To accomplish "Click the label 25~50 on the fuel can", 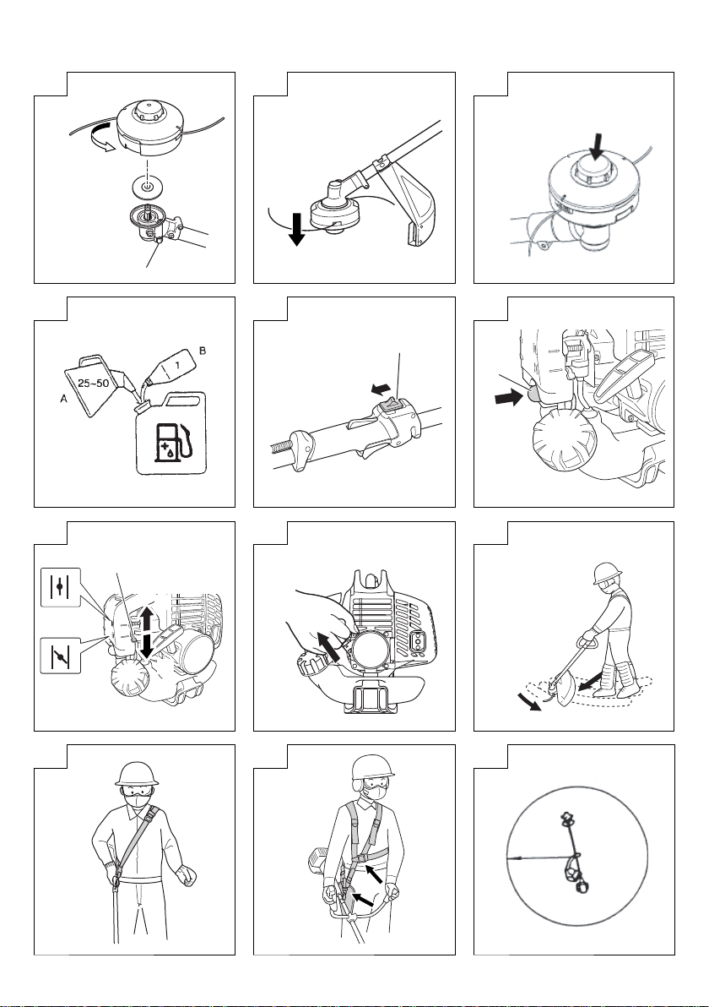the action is coord(93,384).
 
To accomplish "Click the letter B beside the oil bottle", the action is coord(203,351).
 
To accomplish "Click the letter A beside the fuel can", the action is coord(63,399).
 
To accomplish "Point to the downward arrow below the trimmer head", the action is coord(297,229).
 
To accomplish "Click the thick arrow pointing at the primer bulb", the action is coord(510,399).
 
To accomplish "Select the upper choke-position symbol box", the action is coord(61,586).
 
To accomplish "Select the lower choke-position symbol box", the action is coord(61,656).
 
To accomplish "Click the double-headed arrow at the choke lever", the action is coord(147,632).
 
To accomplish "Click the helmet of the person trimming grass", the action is coord(608,572).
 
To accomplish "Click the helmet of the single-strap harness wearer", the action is coord(137,775).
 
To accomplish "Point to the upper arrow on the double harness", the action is coord(373,872).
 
